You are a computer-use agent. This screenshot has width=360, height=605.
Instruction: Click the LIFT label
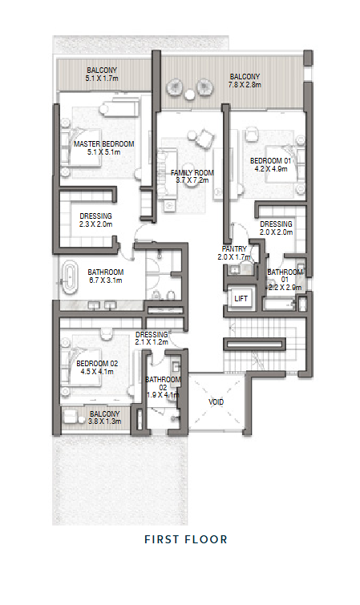241,298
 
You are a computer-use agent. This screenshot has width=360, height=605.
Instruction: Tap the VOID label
216,402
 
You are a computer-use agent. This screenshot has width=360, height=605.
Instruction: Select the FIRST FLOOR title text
186,539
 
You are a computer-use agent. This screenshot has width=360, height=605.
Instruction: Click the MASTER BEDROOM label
104,144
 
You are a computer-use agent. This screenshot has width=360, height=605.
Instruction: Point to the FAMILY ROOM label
192,173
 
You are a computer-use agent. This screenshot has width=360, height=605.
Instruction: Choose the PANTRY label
234,249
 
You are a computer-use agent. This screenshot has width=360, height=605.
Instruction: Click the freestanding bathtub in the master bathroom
70,277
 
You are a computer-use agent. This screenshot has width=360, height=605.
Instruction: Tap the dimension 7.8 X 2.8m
245,84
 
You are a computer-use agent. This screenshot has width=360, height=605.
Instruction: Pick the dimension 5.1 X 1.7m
102,78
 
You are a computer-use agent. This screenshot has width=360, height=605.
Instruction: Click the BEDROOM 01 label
270,160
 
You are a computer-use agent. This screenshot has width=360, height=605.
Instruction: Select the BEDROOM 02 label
97,364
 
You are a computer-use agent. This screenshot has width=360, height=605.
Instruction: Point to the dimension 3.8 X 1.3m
105,421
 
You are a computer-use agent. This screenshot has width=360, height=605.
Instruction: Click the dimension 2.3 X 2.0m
95,224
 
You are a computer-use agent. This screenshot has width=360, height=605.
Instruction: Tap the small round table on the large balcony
189,94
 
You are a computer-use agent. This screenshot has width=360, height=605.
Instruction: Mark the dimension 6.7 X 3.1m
106,280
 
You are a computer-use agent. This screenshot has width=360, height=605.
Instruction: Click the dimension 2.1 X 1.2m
152,342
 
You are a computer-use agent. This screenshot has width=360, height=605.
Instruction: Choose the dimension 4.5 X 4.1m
97,372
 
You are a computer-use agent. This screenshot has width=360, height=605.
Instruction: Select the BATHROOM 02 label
163,384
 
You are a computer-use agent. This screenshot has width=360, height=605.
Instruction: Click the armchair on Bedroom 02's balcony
71,417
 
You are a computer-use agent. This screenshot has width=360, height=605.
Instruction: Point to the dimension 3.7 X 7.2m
192,180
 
